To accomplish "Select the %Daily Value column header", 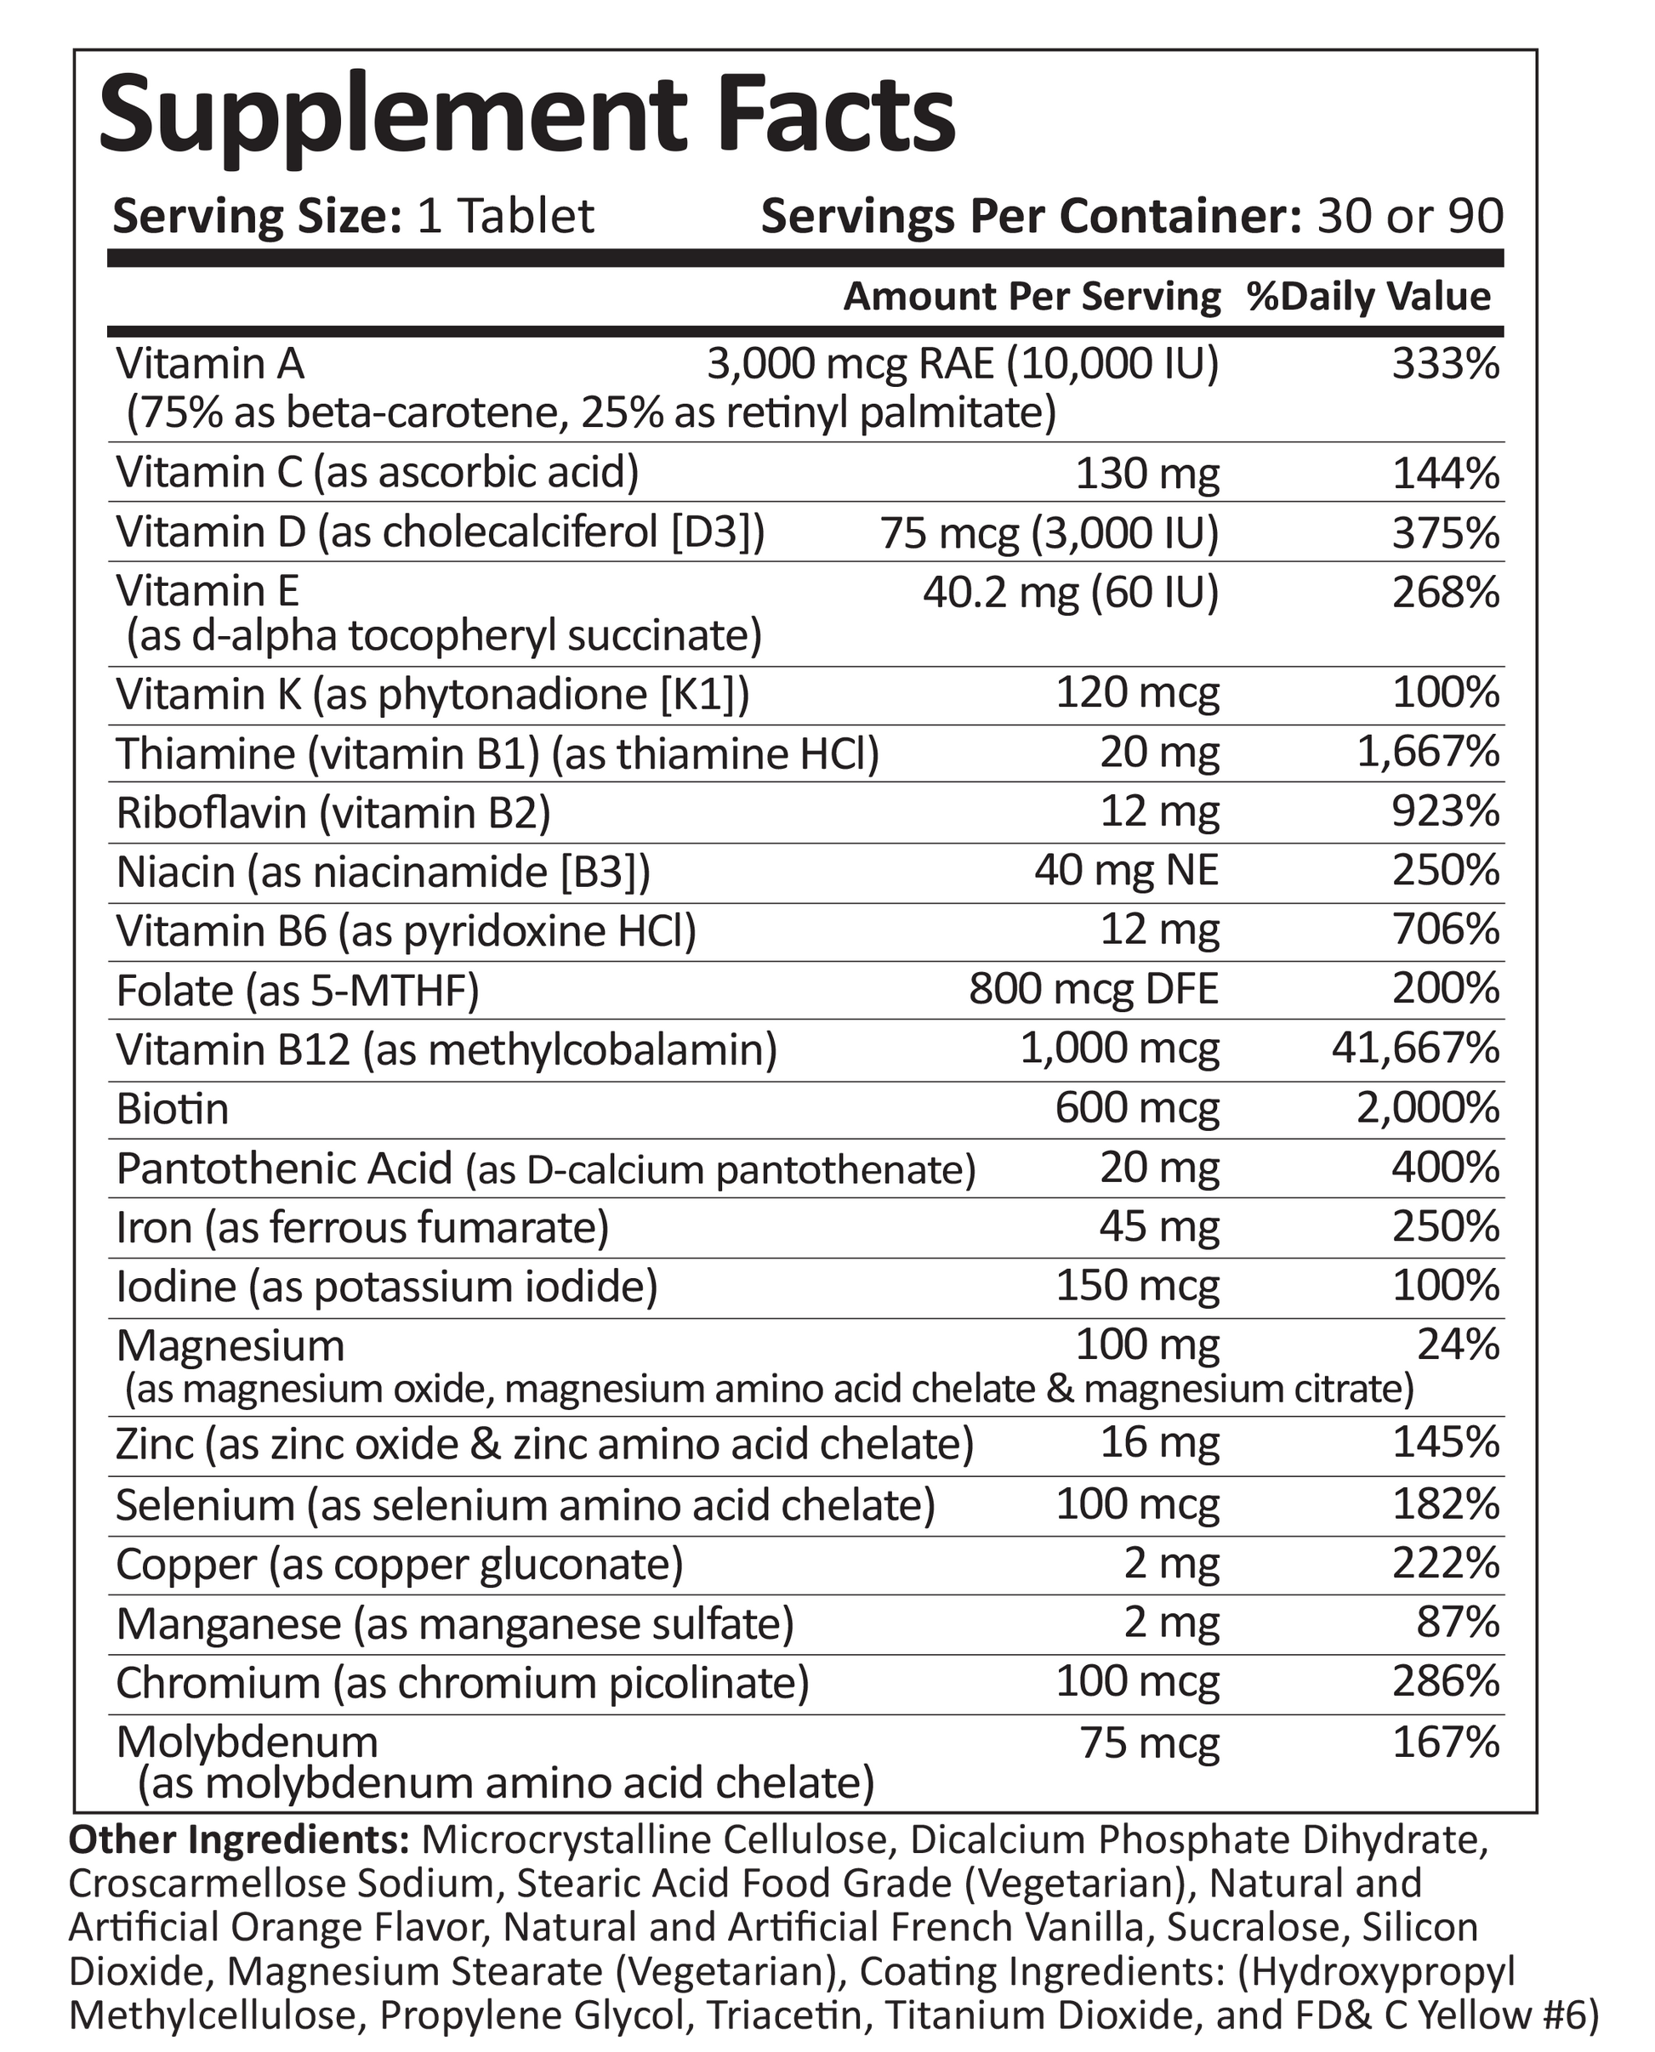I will point(1369,297).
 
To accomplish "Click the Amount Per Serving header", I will point(1032,297).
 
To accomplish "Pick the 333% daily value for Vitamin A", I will point(1445,364).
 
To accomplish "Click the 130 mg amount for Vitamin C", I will point(1147,474).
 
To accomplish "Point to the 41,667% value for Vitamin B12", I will point(1416,1049).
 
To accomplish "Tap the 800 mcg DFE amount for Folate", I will point(1094,989).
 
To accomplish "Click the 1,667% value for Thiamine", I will point(1428,753).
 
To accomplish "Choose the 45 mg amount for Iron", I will point(1159,1228).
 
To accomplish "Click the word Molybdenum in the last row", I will point(247,1742).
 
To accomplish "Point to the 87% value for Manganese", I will point(1459,1623).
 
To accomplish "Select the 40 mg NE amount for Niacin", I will point(1126,870).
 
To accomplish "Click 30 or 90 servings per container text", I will point(1409,216).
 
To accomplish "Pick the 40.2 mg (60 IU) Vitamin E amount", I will point(1071,593).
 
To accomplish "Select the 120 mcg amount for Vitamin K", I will point(1137,693).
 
